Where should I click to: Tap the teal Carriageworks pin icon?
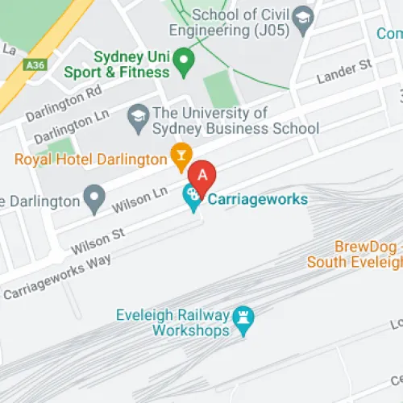click(x=192, y=196)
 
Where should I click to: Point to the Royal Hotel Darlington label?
click(x=90, y=159)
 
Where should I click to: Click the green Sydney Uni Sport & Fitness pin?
click(x=184, y=59)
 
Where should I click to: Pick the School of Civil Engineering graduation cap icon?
click(x=302, y=19)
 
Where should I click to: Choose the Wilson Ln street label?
click(x=141, y=199)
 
